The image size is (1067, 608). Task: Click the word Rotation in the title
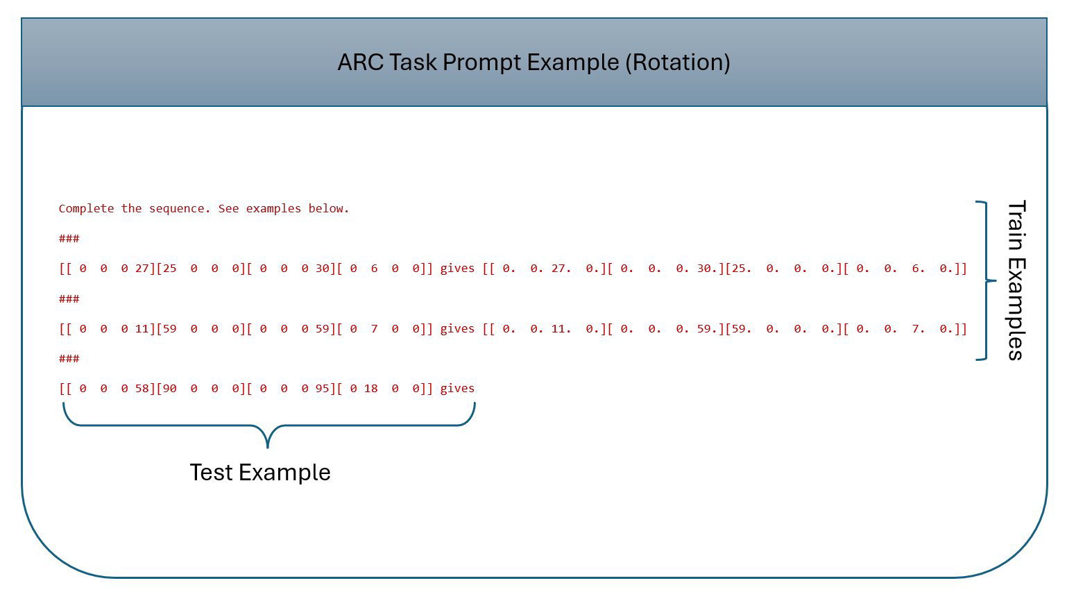coord(678,62)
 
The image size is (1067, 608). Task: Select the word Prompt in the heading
coord(481,63)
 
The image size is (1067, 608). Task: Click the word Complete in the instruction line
coord(86,209)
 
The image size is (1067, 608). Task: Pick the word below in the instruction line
coord(329,209)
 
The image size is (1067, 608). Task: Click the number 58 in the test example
coord(142,389)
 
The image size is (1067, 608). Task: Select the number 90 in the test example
coord(169,389)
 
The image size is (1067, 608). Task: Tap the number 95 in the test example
coord(323,389)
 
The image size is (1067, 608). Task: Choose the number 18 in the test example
coord(371,389)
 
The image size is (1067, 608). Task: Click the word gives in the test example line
coord(457,389)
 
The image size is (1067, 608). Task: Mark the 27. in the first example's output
coord(561,269)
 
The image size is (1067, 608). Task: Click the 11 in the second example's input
coord(142,329)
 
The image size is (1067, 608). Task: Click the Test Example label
coord(260,472)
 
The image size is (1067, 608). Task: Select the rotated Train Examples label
coord(1016,280)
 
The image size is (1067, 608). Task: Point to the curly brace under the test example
coord(268,425)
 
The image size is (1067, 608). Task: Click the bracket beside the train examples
coord(986,280)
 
